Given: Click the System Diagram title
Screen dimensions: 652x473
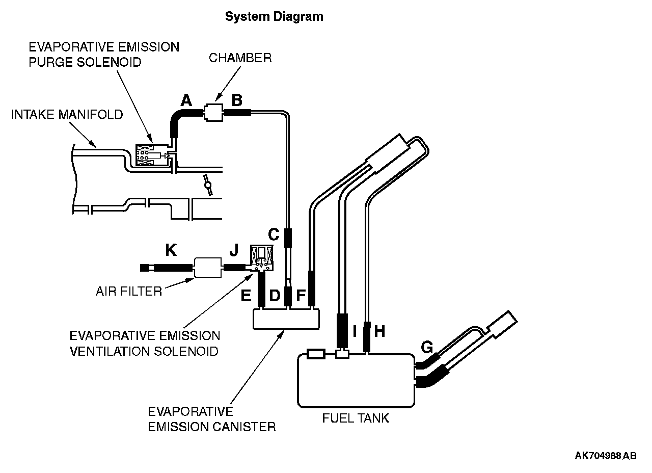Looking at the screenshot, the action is [274, 17].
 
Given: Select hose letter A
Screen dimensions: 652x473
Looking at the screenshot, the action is [186, 100].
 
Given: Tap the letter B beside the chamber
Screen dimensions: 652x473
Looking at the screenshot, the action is [237, 100].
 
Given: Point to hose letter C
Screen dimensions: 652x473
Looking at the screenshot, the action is [274, 234].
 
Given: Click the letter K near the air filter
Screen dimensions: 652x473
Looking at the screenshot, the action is [171, 250].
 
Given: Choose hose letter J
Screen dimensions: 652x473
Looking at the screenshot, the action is [234, 250].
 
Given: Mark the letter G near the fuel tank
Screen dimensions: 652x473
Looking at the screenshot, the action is [427, 347].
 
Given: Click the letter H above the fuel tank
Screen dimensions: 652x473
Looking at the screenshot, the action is [379, 331].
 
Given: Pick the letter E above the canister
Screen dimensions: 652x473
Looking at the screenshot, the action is [246, 296].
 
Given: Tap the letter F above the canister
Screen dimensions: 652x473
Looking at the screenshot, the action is [301, 296].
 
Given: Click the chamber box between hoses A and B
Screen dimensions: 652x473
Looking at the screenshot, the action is [213, 113].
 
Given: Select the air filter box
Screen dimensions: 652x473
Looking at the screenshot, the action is [207, 268].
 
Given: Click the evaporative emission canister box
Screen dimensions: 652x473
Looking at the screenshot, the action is [286, 319].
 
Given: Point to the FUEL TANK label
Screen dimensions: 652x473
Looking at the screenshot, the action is [356, 418].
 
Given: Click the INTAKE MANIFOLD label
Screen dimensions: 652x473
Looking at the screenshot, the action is [67, 115].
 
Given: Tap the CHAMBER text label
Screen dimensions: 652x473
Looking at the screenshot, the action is [240, 58].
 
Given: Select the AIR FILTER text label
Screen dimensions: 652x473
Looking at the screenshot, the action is [129, 291].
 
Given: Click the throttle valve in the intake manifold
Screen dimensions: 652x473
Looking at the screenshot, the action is [208, 185].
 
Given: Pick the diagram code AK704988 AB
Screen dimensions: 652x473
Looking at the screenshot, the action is [606, 456].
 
